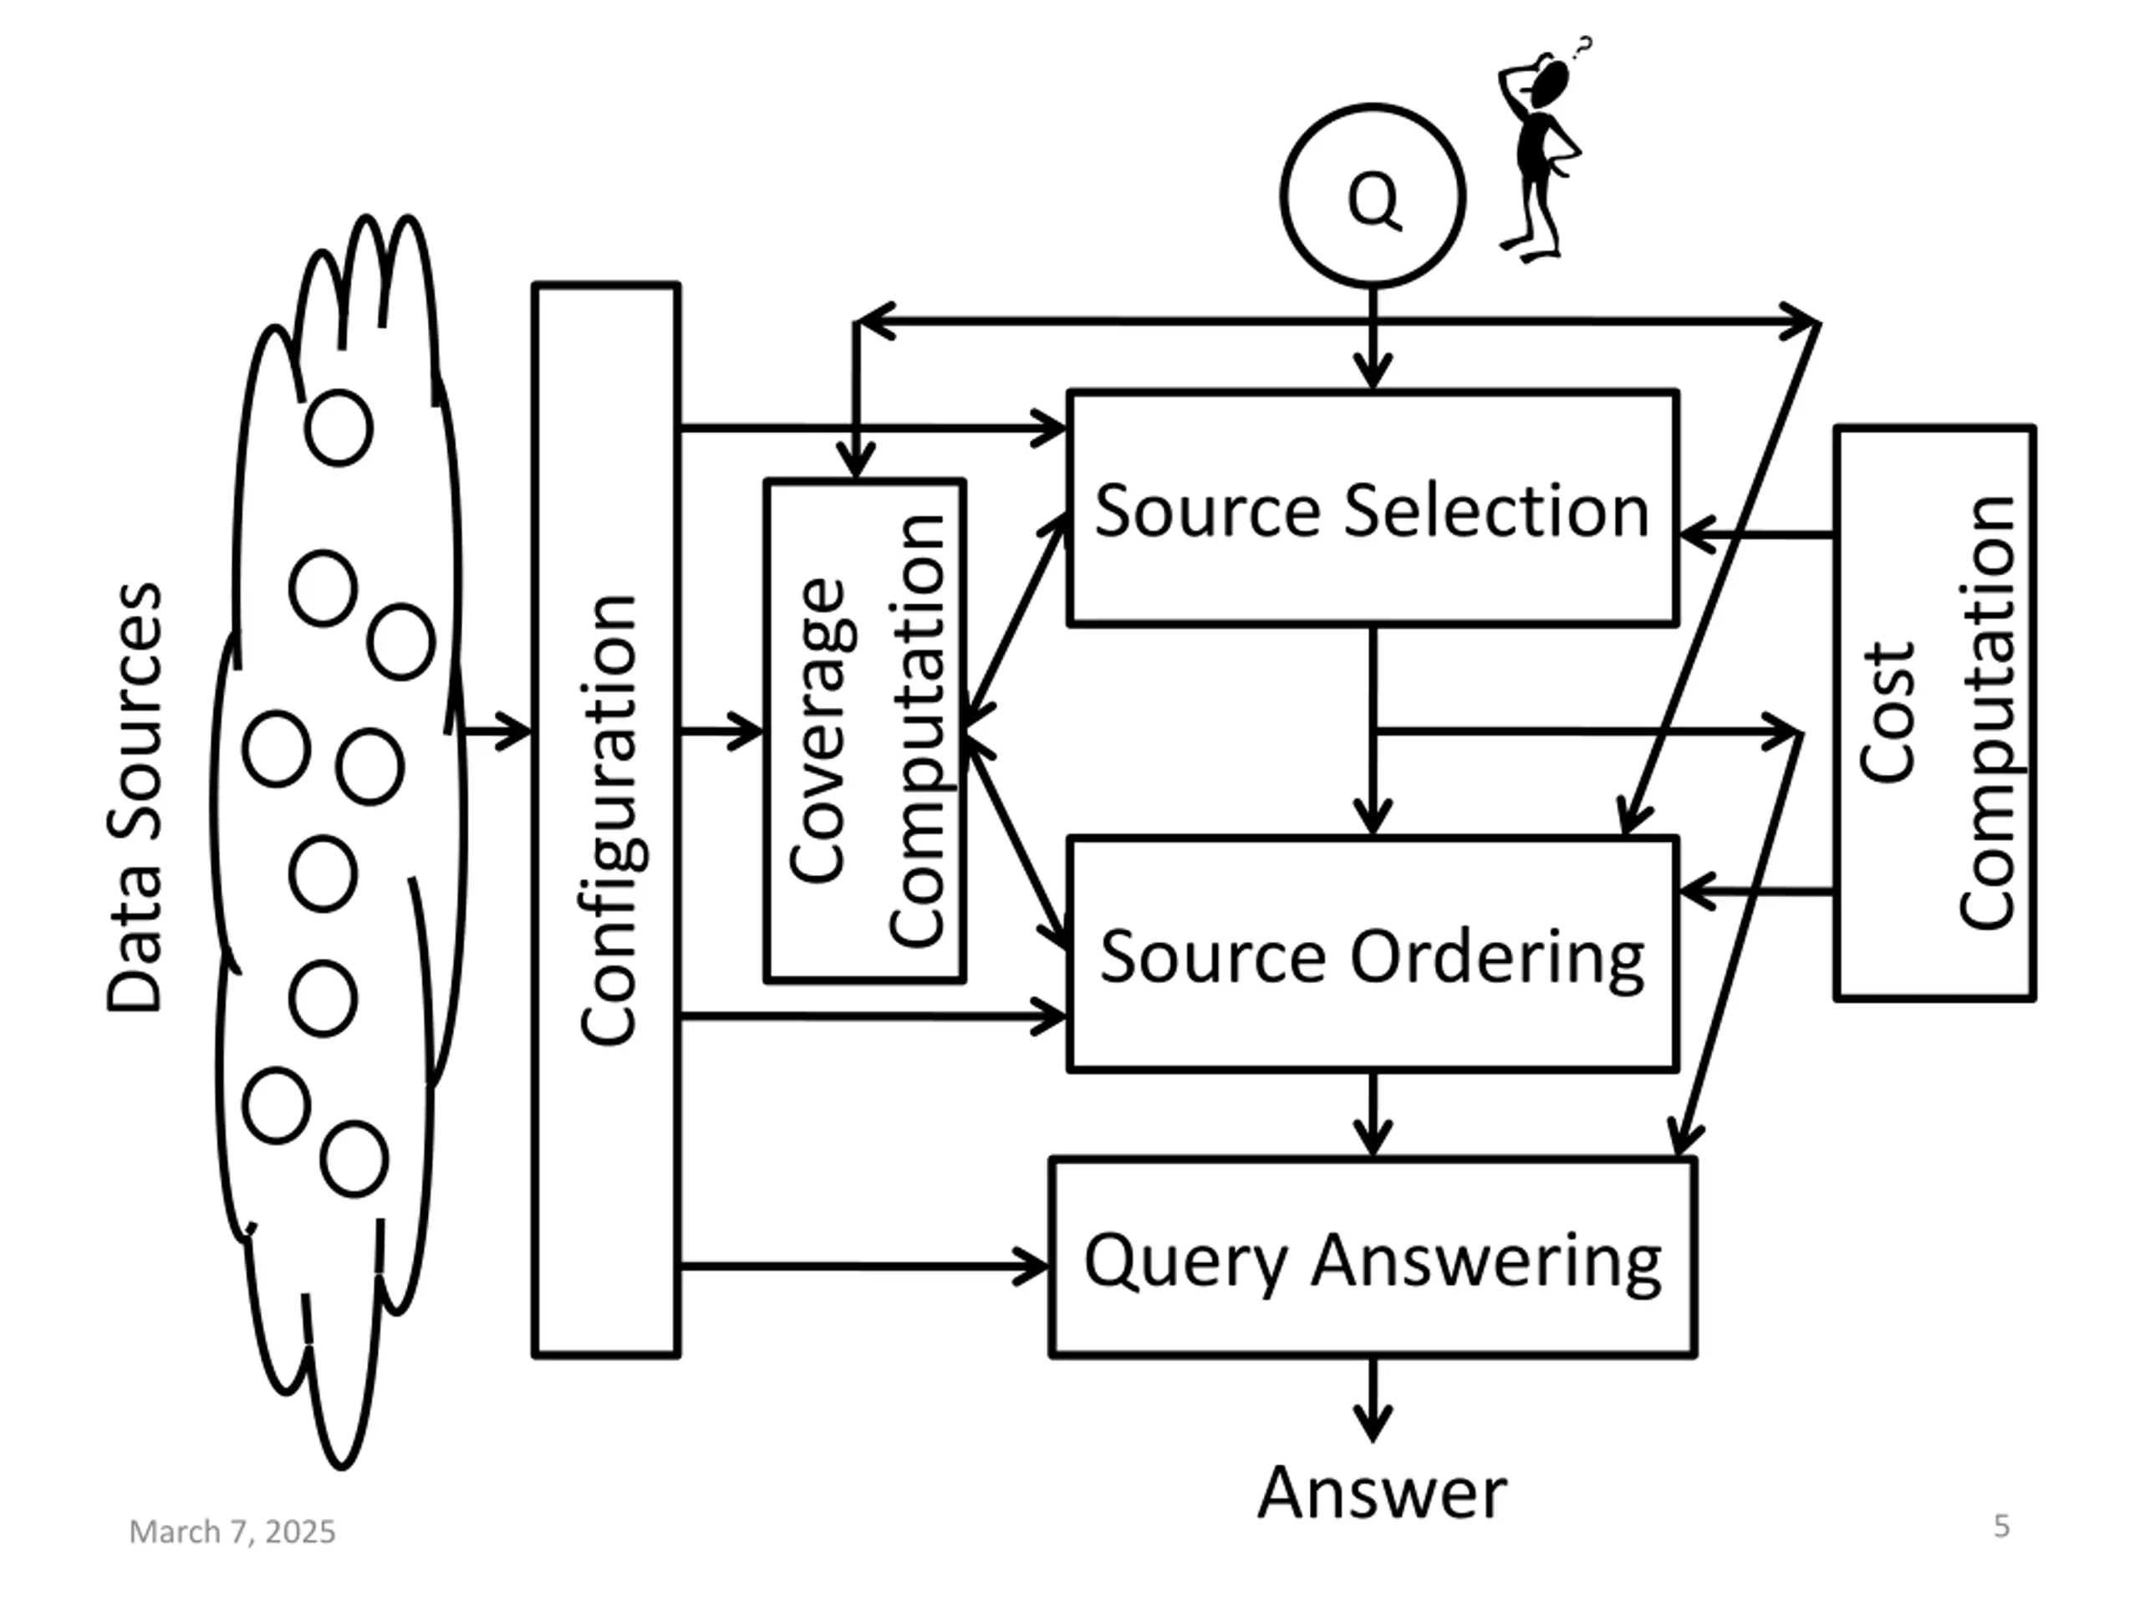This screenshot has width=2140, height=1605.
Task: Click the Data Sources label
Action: pyautogui.click(x=134, y=798)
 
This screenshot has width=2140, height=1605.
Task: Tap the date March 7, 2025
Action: pyautogui.click(x=232, y=1531)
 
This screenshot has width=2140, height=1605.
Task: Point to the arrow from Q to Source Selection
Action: pyautogui.click(x=1373, y=339)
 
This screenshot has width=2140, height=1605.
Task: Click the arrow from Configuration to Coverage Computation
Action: pyautogui.click(x=721, y=731)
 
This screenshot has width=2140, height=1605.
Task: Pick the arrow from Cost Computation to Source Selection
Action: pyautogui.click(x=1757, y=533)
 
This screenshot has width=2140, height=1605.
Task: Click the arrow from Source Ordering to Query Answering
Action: pyautogui.click(x=1373, y=1114)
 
